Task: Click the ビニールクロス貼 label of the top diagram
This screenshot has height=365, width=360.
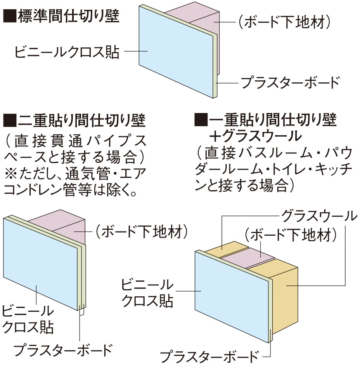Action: pyautogui.click(x=67, y=52)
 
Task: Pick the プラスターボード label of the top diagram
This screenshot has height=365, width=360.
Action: pyautogui.click(x=290, y=82)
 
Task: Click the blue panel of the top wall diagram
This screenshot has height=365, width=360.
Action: pyautogui.click(x=175, y=50)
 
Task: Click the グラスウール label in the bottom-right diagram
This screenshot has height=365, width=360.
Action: pyautogui.click(x=319, y=216)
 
